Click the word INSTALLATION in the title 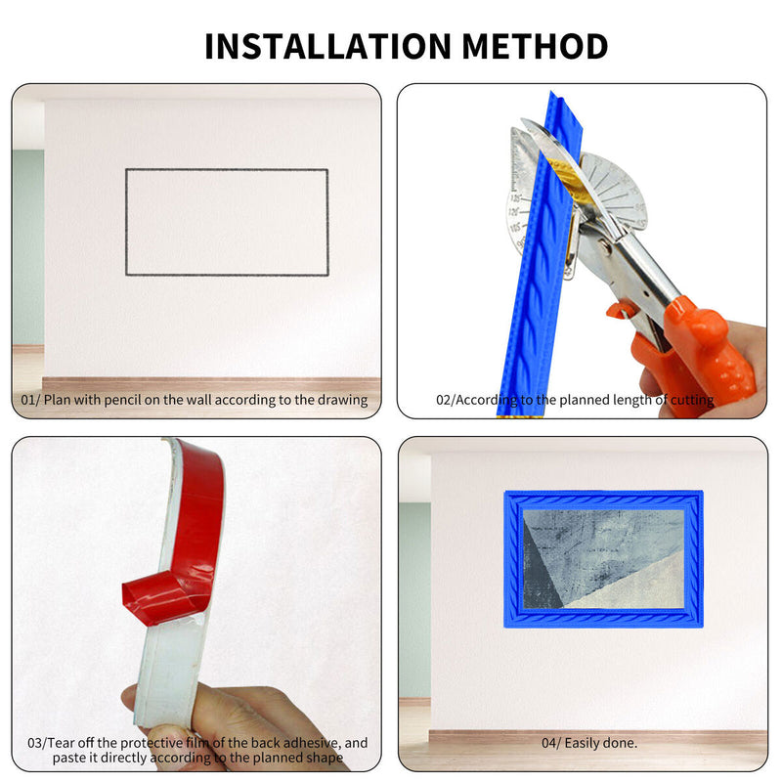click(327, 46)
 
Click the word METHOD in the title click(535, 46)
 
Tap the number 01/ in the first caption click(30, 400)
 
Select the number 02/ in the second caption click(446, 400)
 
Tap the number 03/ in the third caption click(36, 743)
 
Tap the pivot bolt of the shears click(605, 246)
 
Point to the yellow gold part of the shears click(569, 181)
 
